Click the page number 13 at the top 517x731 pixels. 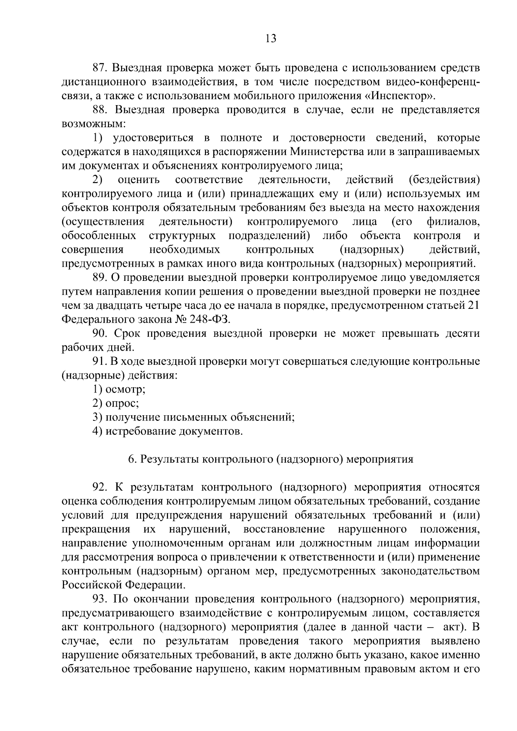click(x=271, y=38)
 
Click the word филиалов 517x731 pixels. click(x=452, y=222)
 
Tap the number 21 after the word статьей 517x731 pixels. click(x=473, y=306)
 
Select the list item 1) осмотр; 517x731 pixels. click(x=119, y=390)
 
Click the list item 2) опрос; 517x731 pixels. click(x=116, y=404)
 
